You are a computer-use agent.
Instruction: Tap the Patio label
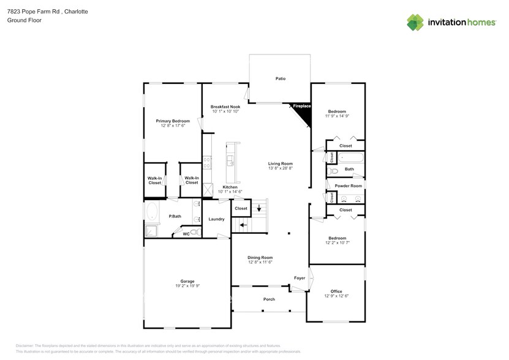pyautogui.click(x=280, y=78)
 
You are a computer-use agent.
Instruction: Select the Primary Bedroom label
pyautogui.click(x=172, y=121)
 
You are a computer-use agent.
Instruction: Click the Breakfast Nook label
pyautogui.click(x=225, y=107)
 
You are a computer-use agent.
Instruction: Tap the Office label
pyautogui.click(x=336, y=291)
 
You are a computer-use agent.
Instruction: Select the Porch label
pyautogui.click(x=269, y=299)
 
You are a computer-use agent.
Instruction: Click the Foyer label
pyautogui.click(x=300, y=278)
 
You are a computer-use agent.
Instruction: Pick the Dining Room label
pyautogui.click(x=260, y=257)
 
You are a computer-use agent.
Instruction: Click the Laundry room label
pyautogui.click(x=216, y=219)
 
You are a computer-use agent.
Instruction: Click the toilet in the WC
pyautogui.click(x=194, y=232)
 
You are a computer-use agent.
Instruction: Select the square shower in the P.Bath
pyautogui.click(x=151, y=231)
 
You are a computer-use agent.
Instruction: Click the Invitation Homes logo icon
pyautogui.click(x=415, y=22)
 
